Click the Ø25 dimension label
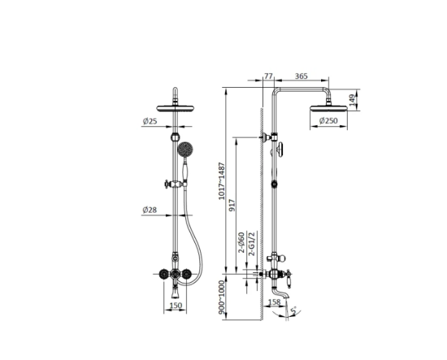pyautogui.click(x=150, y=121)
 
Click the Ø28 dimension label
pyautogui.click(x=150, y=210)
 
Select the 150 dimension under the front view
pyautogui.click(x=176, y=306)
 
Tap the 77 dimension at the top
pyautogui.click(x=268, y=76)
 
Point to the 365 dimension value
pyautogui.click(x=301, y=76)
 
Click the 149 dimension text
pyautogui.click(x=353, y=100)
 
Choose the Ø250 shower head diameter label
pyautogui.click(x=328, y=120)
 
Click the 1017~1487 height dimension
pyautogui.click(x=222, y=181)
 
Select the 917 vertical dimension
pyautogui.click(x=232, y=206)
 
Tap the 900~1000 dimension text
pyautogui.click(x=222, y=297)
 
